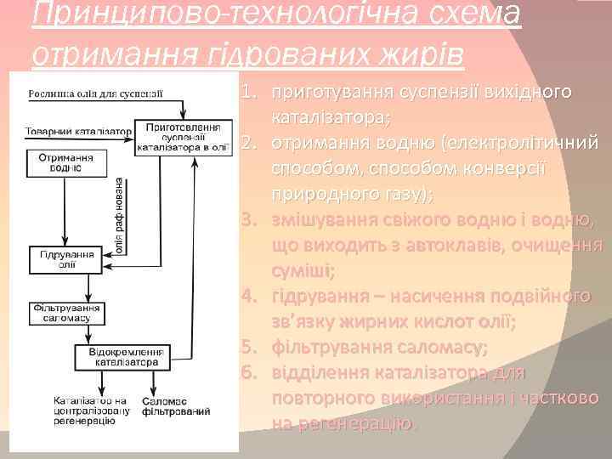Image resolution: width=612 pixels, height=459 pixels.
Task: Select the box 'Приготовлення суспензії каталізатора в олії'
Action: coord(184,136)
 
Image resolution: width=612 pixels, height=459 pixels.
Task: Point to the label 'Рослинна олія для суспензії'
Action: coord(94,93)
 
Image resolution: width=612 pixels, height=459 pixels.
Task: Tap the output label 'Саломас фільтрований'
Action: coord(176,405)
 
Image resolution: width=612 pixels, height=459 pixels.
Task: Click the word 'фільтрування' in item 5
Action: coord(326,348)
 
